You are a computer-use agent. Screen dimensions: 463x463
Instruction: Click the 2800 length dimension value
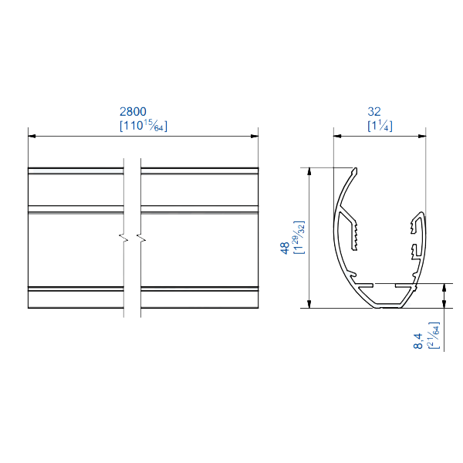coord(144,112)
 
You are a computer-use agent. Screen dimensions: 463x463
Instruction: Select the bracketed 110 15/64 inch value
coord(144,126)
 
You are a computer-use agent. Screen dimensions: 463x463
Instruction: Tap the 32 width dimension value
coord(380,112)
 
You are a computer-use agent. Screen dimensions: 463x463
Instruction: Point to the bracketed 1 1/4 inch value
coord(380,126)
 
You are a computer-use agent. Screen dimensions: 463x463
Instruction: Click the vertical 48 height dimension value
coord(285,248)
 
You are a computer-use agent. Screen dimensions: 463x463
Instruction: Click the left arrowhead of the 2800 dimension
coord(32,137)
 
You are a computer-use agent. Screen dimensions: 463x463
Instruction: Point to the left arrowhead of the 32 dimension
coord(337,137)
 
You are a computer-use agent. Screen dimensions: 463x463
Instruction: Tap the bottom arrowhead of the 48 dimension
coord(309,303)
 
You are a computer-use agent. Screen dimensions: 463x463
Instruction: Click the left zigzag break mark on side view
coord(123,235)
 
